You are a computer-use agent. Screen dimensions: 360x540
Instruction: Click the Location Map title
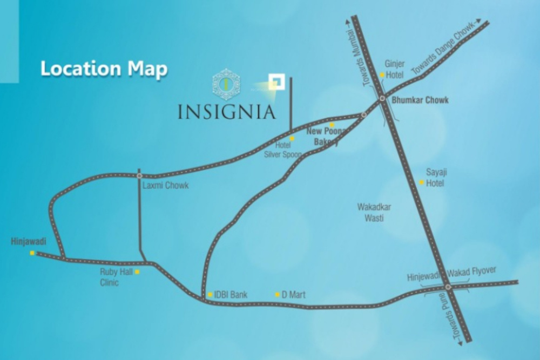click(x=104, y=69)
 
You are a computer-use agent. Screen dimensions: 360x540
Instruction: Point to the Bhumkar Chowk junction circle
click(x=382, y=99)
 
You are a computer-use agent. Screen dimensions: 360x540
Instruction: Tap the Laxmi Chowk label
click(x=165, y=186)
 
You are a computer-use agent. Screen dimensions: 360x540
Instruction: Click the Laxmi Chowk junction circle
click(x=139, y=175)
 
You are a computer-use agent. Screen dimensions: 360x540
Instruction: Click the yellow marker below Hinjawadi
click(x=32, y=253)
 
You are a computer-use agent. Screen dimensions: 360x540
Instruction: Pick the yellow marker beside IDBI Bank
click(x=210, y=295)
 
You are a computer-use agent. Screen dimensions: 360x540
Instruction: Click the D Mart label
click(x=294, y=295)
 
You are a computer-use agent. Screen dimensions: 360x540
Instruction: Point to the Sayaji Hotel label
click(x=436, y=178)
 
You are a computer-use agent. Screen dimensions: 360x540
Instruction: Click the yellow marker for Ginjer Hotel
click(x=382, y=75)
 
